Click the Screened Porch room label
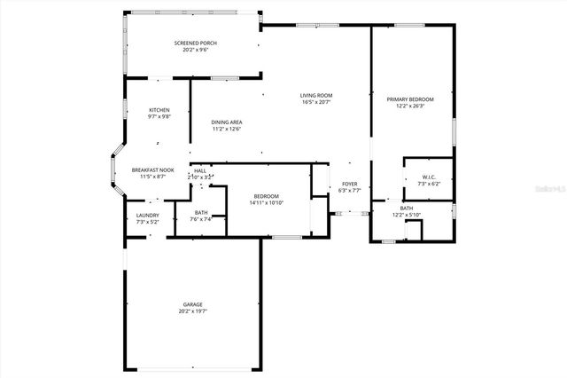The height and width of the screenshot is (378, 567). pyautogui.click(x=196, y=43)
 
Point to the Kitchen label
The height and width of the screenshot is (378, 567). pyautogui.click(x=159, y=109)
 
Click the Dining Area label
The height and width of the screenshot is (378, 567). pyautogui.click(x=227, y=122)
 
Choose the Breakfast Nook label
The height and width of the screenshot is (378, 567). pyautogui.click(x=152, y=169)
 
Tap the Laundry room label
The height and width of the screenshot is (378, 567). pyautogui.click(x=147, y=215)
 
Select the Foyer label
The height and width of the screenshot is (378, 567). pyautogui.click(x=350, y=184)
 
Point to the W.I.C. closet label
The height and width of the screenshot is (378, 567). pyautogui.click(x=428, y=177)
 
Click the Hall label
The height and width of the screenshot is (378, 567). pyautogui.click(x=200, y=170)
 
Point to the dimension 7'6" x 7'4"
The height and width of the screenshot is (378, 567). pyautogui.click(x=201, y=219)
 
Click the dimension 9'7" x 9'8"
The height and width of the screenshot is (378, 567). pyautogui.click(x=159, y=116)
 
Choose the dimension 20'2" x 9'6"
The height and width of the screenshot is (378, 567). pyautogui.click(x=196, y=50)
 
